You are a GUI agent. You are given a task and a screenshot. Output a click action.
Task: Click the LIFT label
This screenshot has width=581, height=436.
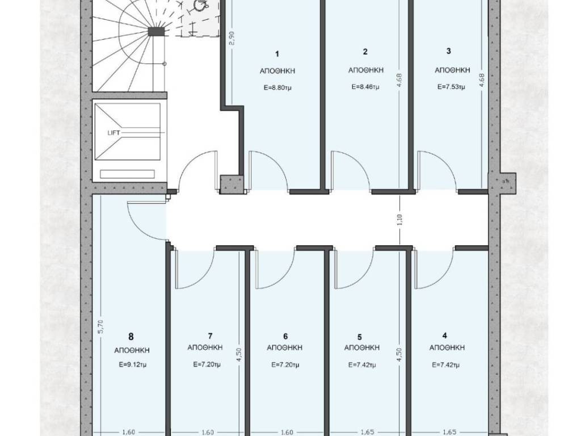(x=113, y=132)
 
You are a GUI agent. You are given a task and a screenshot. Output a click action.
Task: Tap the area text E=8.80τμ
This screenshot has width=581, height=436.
(x=277, y=88)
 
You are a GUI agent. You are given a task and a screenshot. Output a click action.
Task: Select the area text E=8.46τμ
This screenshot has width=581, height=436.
(x=365, y=87)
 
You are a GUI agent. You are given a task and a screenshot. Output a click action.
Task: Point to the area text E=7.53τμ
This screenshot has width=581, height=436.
(x=451, y=87)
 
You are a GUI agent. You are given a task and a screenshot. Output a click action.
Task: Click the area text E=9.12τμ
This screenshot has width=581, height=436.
(x=133, y=364)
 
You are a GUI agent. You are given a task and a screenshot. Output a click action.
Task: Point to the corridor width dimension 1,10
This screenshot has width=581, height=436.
(x=399, y=220)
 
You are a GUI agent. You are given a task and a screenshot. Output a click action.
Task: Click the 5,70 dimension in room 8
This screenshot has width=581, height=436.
(x=101, y=327)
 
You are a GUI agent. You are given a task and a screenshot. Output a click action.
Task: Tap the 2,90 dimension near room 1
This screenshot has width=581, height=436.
(x=232, y=38)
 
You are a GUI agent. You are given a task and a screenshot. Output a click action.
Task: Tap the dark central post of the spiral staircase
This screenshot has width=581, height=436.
(x=156, y=32)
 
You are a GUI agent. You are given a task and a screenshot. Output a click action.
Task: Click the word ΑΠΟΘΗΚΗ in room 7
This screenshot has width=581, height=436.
(x=205, y=347)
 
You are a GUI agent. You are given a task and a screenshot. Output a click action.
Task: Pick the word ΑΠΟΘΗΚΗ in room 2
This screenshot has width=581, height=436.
(x=366, y=70)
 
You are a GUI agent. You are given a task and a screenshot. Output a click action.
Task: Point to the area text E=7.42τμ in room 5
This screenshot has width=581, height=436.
(x=362, y=365)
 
